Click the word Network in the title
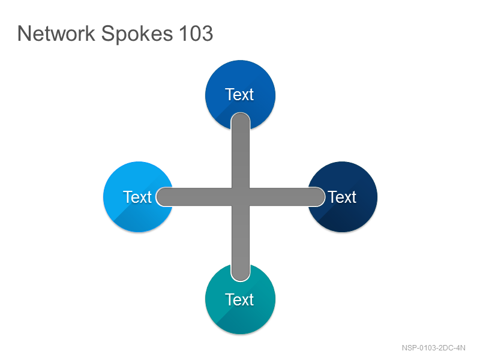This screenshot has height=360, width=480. pyautogui.click(x=56, y=33)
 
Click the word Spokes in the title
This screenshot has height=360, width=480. pyautogui.click(x=137, y=34)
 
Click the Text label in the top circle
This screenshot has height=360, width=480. pyautogui.click(x=239, y=94)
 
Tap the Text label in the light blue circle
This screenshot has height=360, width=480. pyautogui.click(x=137, y=197)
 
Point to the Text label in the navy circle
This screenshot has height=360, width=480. pyautogui.click(x=342, y=197)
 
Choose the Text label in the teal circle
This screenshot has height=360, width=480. pyautogui.click(x=239, y=299)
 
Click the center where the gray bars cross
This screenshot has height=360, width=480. pyautogui.click(x=241, y=197)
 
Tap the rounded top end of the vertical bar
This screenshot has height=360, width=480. pyautogui.click(x=241, y=113)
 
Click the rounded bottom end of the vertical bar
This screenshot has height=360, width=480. pyautogui.click(x=241, y=280)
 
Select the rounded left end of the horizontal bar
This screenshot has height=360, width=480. pyautogui.click(x=157, y=197)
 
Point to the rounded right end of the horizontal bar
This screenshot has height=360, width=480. pyautogui.click(x=324, y=197)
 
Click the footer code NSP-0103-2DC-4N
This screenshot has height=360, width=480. pyautogui.click(x=433, y=348)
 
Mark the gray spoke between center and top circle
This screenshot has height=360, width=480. pyautogui.click(x=241, y=151)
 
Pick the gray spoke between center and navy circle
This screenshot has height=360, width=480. pyautogui.click(x=287, y=197)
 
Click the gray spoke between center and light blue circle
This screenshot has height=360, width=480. pyautogui.click(x=194, y=197)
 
